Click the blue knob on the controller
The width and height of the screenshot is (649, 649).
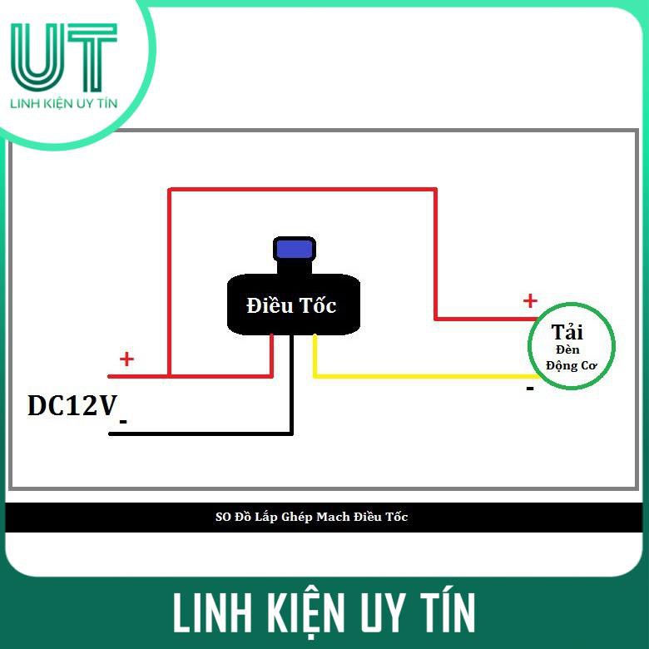pyautogui.click(x=294, y=249)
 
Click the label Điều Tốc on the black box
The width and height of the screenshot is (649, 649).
pyautogui.click(x=291, y=306)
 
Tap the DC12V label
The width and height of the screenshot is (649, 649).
pyautogui.click(x=72, y=406)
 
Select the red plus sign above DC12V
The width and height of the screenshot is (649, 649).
pyautogui.click(x=126, y=359)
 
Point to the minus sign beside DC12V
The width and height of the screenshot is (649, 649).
pyautogui.click(x=123, y=422)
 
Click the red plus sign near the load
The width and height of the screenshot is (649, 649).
pyautogui.click(x=529, y=300)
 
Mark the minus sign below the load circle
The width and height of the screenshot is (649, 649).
pyautogui.click(x=529, y=388)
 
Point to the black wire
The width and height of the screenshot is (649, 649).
pyautogui.click(x=208, y=433)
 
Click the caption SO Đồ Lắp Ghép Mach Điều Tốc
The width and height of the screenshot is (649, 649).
pyautogui.click(x=312, y=517)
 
